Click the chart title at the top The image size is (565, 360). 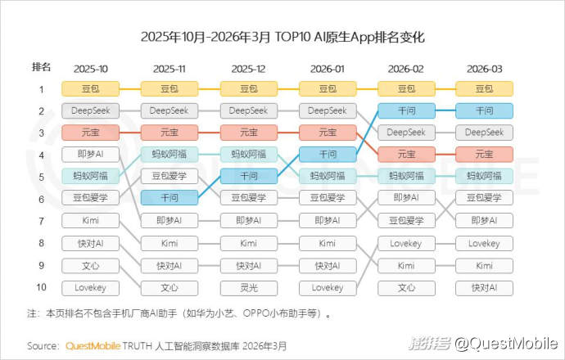(282, 38)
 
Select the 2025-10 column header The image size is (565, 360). (91, 68)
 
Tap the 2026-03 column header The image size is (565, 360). (484, 68)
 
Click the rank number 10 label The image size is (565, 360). (41, 287)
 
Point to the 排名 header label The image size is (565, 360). (41, 67)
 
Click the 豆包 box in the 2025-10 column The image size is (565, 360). (91, 88)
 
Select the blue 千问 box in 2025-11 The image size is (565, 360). (169, 197)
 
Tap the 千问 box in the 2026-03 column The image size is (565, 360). (484, 110)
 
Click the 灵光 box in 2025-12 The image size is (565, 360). (248, 287)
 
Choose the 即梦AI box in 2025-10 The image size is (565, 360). (91, 154)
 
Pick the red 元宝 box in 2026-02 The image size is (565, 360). (405, 154)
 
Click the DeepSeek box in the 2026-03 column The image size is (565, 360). (484, 132)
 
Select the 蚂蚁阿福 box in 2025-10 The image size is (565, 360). (91, 176)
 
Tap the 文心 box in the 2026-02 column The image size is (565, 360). (405, 287)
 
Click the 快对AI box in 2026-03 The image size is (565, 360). (484, 287)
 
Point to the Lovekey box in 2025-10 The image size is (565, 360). (91, 287)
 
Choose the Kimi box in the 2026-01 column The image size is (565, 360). (327, 243)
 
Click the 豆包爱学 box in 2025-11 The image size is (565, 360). (169, 176)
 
